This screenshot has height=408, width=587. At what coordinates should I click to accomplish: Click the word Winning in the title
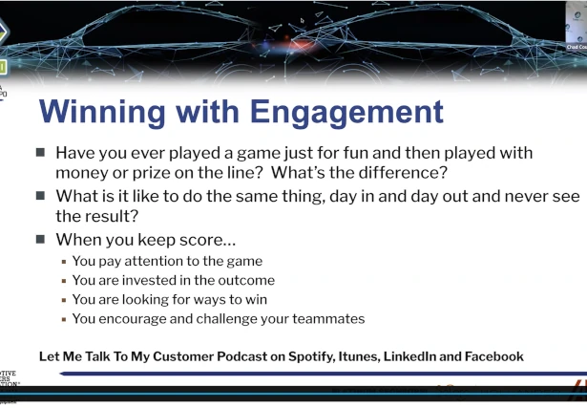(x=108, y=111)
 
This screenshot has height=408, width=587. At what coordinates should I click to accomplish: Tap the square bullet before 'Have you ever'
(x=40, y=153)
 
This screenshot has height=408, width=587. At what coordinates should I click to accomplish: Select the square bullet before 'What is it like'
(x=40, y=196)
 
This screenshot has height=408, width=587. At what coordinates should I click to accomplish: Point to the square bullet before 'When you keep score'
(x=40, y=240)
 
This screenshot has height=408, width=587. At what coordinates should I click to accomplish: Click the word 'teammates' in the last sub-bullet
(x=322, y=319)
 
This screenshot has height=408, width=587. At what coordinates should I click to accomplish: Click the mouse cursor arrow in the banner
(x=303, y=20)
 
